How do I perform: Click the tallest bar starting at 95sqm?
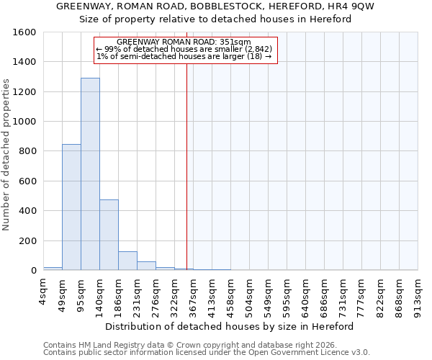(90, 174)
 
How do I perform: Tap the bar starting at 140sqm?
(109, 235)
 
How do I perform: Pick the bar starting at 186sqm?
(127, 261)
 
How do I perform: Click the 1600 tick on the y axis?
(25, 32)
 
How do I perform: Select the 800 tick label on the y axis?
(28, 151)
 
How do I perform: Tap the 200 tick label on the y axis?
(28, 240)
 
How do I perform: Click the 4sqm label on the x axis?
(44, 292)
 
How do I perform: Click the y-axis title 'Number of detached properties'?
(6, 151)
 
